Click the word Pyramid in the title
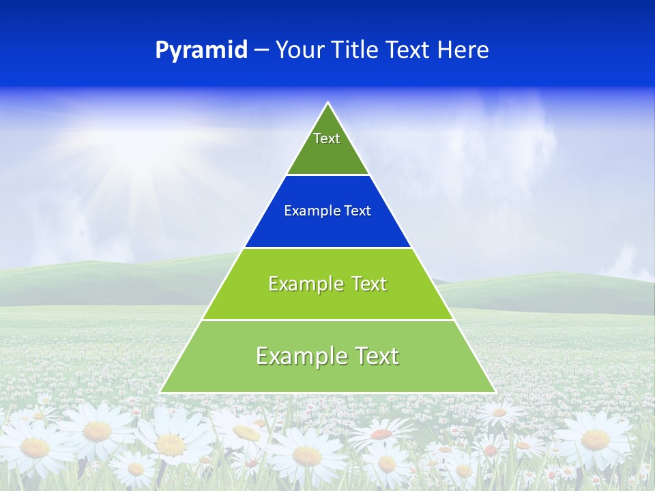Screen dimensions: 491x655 click(201, 50)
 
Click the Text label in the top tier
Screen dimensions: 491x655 click(327, 138)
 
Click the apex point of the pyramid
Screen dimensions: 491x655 click(327, 103)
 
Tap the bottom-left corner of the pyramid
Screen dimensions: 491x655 click(161, 392)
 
